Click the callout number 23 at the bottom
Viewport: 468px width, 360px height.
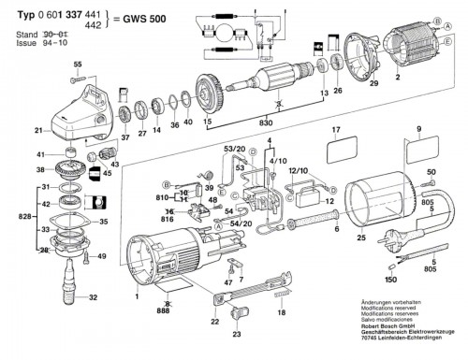tap(236, 333)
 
